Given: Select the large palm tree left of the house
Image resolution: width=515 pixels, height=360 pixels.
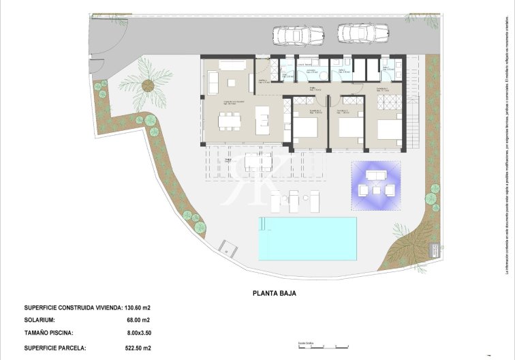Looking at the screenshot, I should pos(146,85).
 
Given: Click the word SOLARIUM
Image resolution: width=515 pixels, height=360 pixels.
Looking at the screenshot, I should pos(40,320).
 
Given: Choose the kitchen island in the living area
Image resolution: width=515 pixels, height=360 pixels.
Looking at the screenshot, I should pos(262,120).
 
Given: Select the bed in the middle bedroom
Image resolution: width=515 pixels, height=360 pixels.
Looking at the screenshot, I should pos(348,127).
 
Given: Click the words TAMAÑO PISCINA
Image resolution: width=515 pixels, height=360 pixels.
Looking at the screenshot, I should pos(48,333).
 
